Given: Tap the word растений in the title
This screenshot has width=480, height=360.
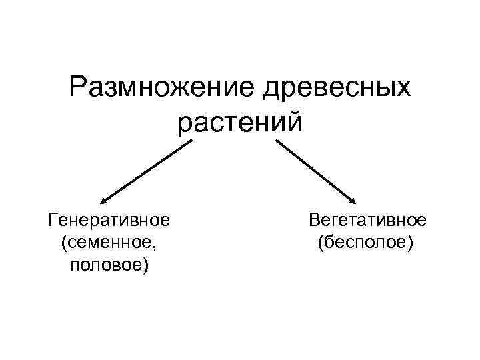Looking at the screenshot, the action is click(241, 124).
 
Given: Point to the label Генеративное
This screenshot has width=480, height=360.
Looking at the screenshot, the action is click(109, 219).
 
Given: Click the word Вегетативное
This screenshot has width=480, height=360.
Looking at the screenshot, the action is click(367, 219).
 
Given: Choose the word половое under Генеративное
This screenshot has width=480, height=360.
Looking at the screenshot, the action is click(106, 266).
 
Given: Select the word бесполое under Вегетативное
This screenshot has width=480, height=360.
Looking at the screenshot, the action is click(366, 243).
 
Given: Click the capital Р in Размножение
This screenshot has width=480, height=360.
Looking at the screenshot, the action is click(79, 89).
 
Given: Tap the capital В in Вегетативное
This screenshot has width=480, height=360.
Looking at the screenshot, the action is click(314, 219).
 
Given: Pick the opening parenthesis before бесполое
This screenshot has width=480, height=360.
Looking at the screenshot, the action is click(321, 243).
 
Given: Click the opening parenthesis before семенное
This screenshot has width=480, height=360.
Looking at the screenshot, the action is click(63, 243).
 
